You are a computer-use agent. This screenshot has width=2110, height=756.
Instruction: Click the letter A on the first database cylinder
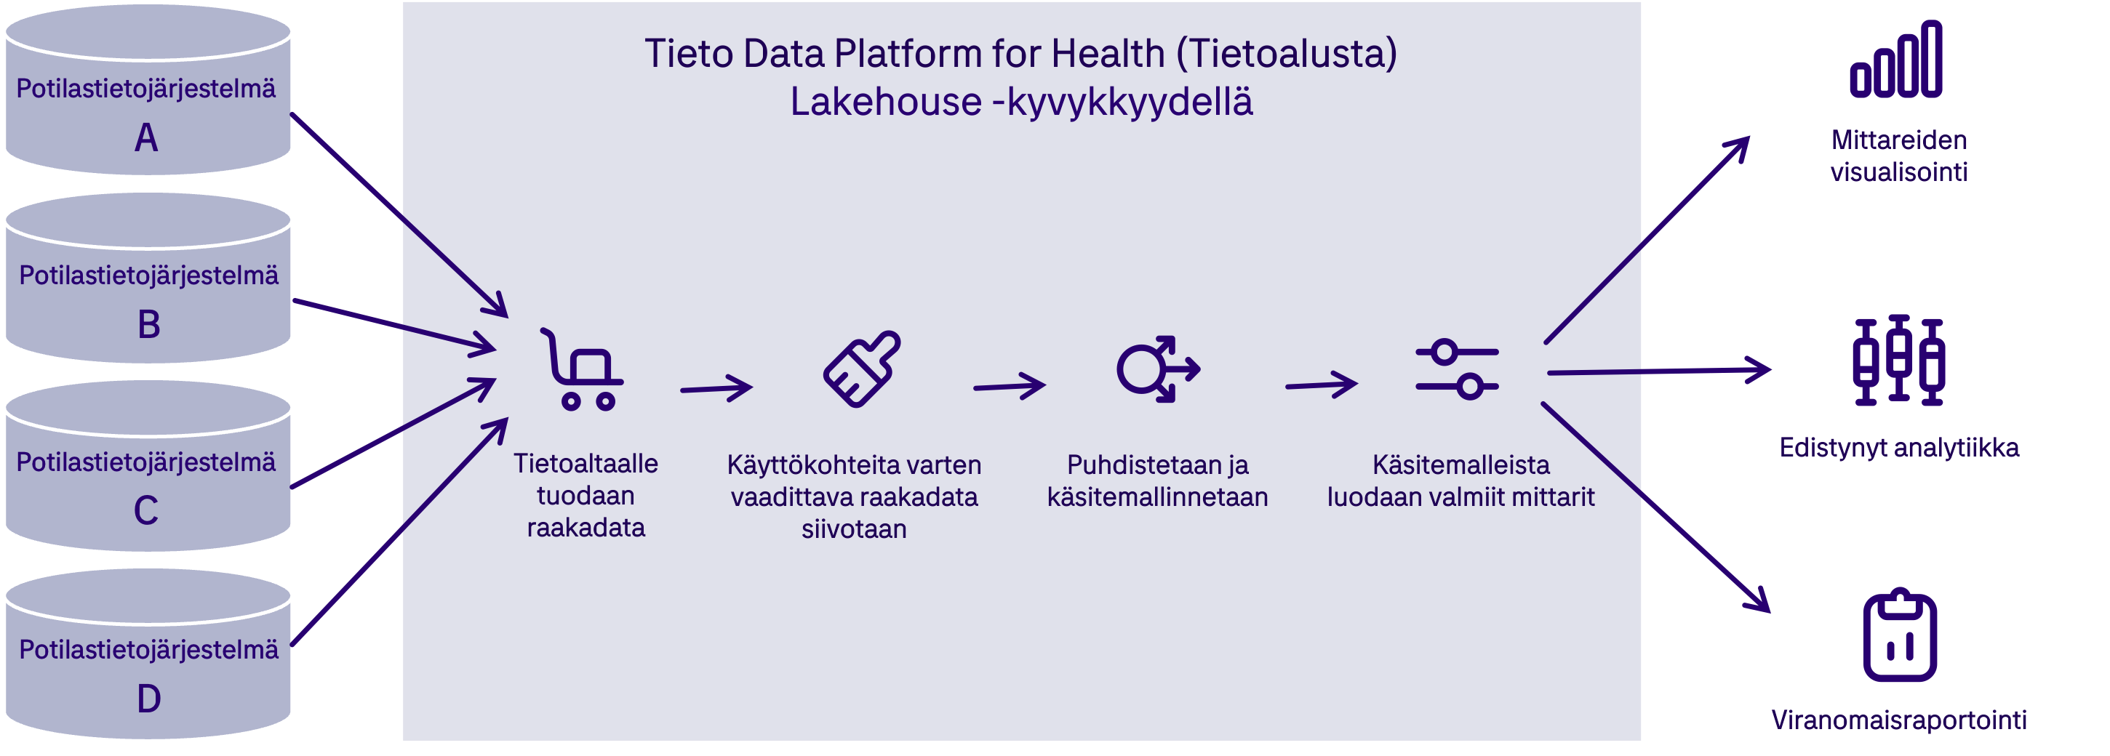pyautogui.click(x=147, y=137)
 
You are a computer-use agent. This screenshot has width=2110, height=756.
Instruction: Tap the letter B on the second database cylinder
pyautogui.click(x=149, y=323)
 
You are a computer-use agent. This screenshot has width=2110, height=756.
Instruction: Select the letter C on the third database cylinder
pyautogui.click(x=147, y=510)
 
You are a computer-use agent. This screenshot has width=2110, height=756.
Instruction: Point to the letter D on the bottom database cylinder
pyautogui.click(x=149, y=699)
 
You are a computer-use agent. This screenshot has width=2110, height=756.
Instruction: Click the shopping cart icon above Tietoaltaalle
pyautogui.click(x=583, y=369)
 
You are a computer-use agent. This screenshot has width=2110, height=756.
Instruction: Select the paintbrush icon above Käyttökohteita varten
pyautogui.click(x=862, y=369)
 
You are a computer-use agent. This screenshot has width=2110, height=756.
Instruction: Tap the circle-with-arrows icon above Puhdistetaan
pyautogui.click(x=1157, y=369)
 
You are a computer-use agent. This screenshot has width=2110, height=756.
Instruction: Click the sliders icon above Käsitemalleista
pyautogui.click(x=1457, y=369)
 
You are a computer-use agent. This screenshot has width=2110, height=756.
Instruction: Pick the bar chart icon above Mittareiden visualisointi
pyautogui.click(x=1896, y=59)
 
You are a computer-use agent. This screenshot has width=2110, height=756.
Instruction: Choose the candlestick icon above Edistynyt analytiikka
pyautogui.click(x=1898, y=361)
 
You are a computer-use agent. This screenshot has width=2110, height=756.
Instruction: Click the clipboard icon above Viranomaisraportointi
pyautogui.click(x=1900, y=635)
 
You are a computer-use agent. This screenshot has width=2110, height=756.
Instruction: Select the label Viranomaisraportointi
pyautogui.click(x=1898, y=720)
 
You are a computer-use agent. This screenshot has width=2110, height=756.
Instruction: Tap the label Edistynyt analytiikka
pyautogui.click(x=1898, y=448)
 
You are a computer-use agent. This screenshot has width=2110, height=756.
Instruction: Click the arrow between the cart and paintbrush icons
pyautogui.click(x=716, y=388)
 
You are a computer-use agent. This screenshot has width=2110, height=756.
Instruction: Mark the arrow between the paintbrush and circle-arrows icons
pyautogui.click(x=1009, y=386)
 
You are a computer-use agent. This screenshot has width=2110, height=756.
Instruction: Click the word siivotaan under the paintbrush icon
pyautogui.click(x=853, y=529)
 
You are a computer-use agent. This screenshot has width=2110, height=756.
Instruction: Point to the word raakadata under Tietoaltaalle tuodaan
pyautogui.click(x=586, y=528)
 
